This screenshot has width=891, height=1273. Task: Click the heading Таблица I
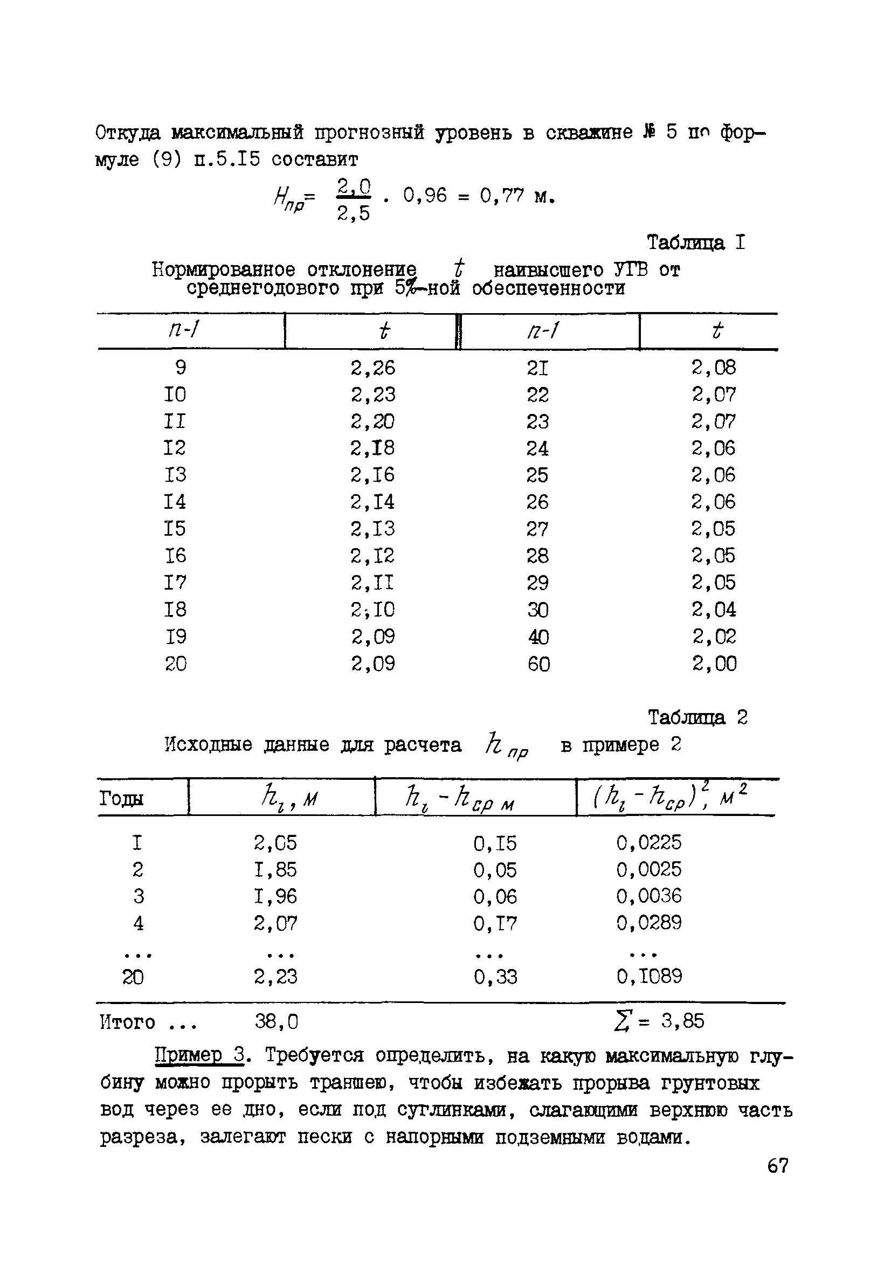[696, 243]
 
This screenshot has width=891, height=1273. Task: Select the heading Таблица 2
[697, 717]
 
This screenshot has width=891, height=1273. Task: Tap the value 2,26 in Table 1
[372, 368]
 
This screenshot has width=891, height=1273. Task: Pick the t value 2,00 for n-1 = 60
[714, 663]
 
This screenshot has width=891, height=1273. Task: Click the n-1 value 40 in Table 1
[538, 637]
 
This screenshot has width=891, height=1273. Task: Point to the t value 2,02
[714, 636]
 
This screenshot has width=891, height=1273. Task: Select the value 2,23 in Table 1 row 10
[372, 395]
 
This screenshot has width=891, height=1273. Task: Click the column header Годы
[121, 799]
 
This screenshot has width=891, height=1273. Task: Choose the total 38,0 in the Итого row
[276, 1021]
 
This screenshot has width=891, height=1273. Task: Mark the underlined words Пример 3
[199, 1055]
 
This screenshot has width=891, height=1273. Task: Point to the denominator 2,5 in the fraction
[353, 213]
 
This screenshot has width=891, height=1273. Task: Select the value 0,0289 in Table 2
[648, 923]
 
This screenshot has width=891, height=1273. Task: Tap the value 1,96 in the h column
[275, 896]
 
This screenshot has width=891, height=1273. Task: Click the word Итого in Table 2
[128, 1022]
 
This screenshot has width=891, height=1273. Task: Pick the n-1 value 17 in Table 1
[175, 583]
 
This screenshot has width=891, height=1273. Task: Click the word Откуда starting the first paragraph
[128, 133]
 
